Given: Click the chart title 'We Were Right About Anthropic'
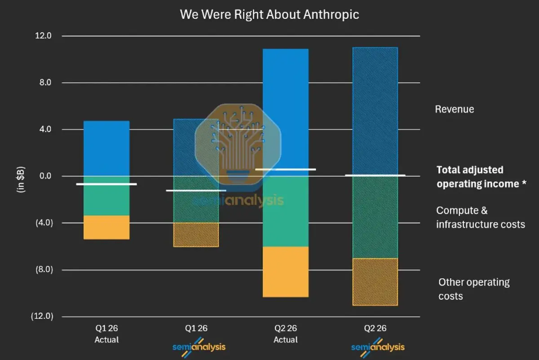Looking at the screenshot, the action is (269, 14).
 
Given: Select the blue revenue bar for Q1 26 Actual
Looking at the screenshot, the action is (106, 149).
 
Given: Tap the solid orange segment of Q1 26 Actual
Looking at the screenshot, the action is (106, 227).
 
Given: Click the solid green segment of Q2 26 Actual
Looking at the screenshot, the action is (286, 211).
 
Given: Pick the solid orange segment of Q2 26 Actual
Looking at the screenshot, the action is (286, 272).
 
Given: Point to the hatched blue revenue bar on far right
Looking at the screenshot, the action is (375, 111).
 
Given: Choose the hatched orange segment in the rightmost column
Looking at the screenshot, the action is (375, 282).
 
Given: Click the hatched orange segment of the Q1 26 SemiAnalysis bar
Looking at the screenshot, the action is (196, 235).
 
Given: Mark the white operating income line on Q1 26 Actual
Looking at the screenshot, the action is (106, 184).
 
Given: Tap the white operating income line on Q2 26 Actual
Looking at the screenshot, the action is (286, 169).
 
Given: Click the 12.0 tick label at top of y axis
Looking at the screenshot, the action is (43, 36).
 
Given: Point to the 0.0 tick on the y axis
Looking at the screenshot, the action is (45, 176).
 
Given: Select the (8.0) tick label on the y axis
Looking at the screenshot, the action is (44, 270).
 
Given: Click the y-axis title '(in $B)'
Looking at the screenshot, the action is (21, 180).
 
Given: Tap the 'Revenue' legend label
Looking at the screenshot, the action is (454, 110).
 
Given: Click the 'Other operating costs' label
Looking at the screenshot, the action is (474, 289).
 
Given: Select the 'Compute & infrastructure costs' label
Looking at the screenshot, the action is (481, 217).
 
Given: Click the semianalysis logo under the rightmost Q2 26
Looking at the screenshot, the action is (378, 347).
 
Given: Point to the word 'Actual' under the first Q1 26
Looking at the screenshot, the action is (106, 340).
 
